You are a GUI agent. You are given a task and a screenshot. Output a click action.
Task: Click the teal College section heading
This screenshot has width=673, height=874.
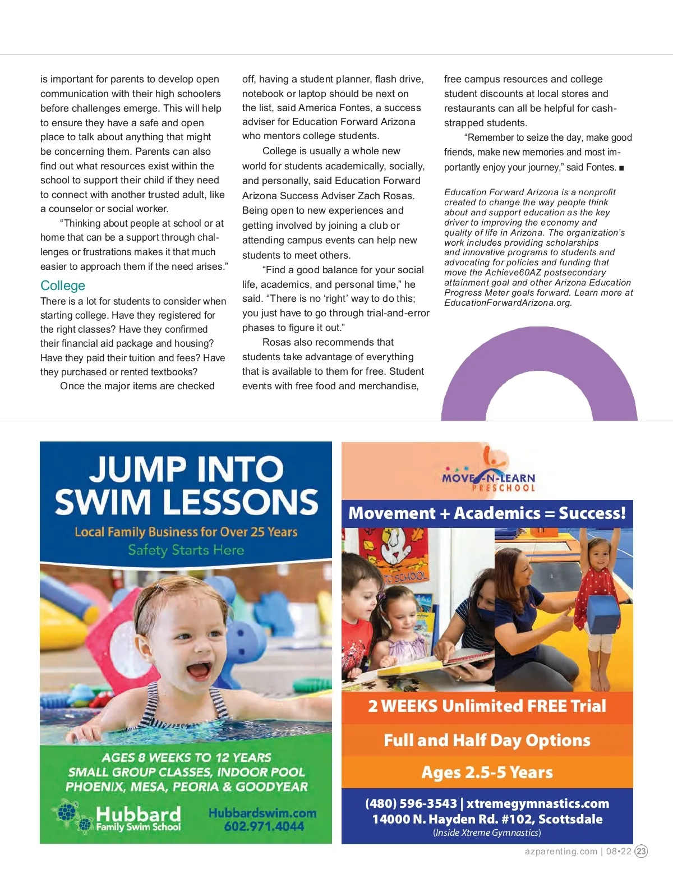(x=63, y=286)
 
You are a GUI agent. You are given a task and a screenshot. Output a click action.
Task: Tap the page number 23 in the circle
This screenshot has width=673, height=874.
(x=641, y=851)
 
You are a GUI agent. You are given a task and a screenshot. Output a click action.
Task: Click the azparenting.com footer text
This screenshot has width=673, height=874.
(x=561, y=851)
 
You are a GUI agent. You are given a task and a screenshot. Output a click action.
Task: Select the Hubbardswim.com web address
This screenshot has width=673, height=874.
(x=262, y=813)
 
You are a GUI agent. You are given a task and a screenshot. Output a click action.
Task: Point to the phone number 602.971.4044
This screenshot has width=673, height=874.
(x=264, y=826)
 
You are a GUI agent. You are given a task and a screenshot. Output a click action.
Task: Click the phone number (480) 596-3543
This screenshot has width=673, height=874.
(x=411, y=803)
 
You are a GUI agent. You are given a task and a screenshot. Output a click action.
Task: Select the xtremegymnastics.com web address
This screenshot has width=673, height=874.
(x=538, y=803)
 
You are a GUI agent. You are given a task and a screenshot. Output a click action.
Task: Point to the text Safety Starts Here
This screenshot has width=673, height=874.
(x=186, y=550)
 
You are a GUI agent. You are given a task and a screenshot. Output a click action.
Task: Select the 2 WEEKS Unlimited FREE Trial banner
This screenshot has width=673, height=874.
(x=487, y=706)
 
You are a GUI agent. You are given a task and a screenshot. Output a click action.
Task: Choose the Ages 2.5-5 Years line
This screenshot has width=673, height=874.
(x=487, y=772)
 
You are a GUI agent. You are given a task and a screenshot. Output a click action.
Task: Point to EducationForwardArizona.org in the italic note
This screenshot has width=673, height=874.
(x=508, y=303)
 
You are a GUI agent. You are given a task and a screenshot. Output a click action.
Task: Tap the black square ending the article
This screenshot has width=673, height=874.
(x=621, y=168)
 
